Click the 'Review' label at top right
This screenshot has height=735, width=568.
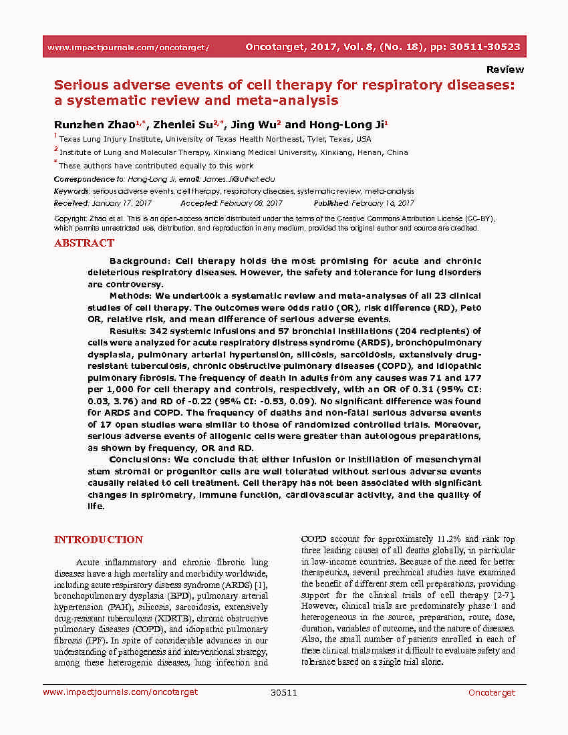(505, 69)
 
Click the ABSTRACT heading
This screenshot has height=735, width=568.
(84, 243)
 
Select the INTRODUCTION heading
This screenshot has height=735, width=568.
(98, 539)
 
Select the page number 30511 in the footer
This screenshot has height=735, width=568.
(283, 692)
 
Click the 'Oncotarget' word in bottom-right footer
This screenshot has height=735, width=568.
(491, 692)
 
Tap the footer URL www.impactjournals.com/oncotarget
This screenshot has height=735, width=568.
(120, 692)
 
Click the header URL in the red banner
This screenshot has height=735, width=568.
(128, 47)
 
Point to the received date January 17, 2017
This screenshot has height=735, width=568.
(122, 203)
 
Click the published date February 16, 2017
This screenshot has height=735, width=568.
(384, 203)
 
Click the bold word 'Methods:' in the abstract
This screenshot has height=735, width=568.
(132, 295)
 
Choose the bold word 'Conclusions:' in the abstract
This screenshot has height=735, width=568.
(140, 459)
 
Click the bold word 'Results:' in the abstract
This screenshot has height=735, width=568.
(130, 331)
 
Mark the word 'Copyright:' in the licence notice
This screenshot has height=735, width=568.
(69, 218)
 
